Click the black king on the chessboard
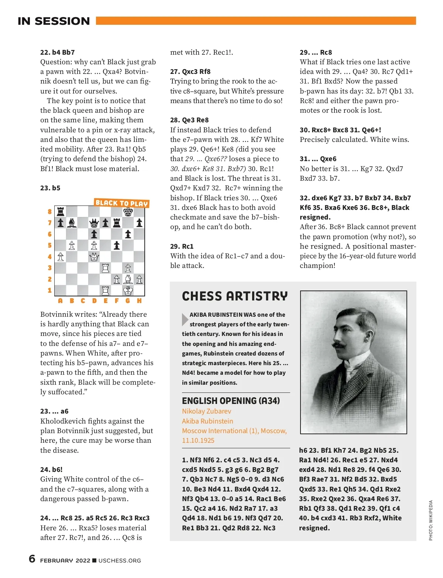click(128, 212)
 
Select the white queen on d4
click(95, 256)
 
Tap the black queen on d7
click(95, 223)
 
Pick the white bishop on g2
click(128, 279)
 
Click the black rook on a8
click(61, 212)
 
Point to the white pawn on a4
click(61, 256)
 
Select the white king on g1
click(128, 290)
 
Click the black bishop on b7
click(72, 223)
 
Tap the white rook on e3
click(106, 268)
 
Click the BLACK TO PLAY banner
click(121, 203)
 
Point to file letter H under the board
click(139, 301)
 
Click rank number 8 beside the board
click(49, 212)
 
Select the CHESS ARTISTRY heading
click(234, 296)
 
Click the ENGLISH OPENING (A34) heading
click(231, 401)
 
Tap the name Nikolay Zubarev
click(206, 411)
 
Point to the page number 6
click(32, 558)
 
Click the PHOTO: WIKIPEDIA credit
click(430, 520)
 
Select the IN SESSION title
click(54, 21)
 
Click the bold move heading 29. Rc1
click(182, 246)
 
